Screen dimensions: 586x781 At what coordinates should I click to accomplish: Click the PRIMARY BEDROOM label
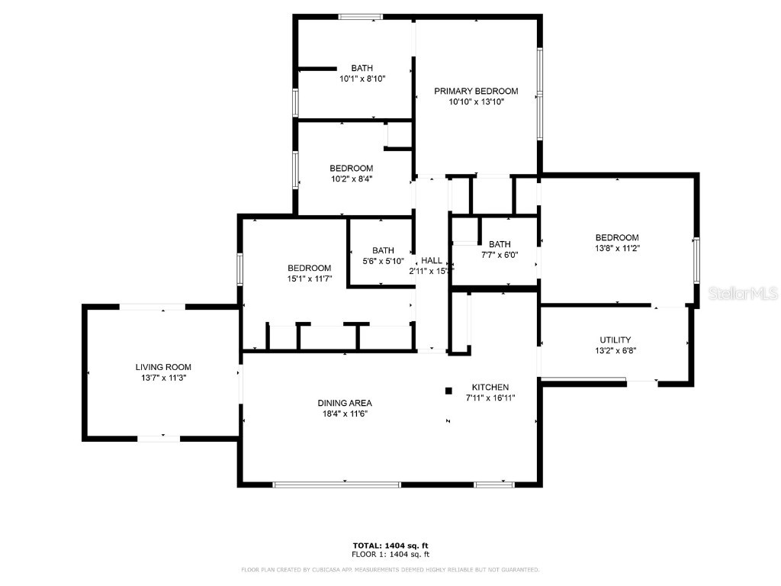476,92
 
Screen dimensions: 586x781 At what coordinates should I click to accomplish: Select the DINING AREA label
345,403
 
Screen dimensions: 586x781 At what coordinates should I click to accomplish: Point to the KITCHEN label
490,387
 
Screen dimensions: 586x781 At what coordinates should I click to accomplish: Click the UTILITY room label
615,340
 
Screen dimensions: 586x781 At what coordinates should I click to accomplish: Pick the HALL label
431,260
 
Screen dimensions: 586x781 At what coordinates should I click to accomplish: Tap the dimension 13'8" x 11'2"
617,248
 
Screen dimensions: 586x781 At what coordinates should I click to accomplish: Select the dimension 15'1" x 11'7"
309,279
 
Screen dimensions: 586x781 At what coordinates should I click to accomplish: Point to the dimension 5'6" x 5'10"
383,261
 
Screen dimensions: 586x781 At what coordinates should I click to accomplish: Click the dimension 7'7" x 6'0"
500,255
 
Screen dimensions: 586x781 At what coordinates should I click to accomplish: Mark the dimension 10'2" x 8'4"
351,179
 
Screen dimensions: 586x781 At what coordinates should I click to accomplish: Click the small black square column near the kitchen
448,391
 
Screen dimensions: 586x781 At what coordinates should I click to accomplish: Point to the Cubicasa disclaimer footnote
390,569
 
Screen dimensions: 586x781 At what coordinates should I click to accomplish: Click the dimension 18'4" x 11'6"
345,414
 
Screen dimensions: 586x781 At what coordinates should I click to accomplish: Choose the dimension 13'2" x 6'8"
615,351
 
